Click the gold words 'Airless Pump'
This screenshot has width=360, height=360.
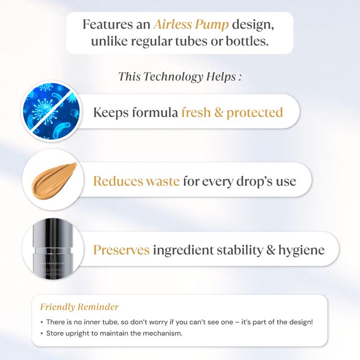pyautogui.click(x=191, y=25)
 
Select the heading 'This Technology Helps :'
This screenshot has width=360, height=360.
pyautogui.click(x=180, y=76)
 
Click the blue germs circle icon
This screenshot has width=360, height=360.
pyautogui.click(x=51, y=111)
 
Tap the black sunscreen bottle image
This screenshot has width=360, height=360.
pyautogui.click(x=53, y=249)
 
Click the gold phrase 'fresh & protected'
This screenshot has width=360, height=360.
pyautogui.click(x=232, y=113)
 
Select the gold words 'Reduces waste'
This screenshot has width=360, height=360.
pyautogui.click(x=136, y=181)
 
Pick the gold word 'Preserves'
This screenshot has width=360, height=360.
pyautogui.click(x=121, y=250)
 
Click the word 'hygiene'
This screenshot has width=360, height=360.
pyautogui.click(x=301, y=250)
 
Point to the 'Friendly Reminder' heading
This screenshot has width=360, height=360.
pyautogui.click(x=80, y=307)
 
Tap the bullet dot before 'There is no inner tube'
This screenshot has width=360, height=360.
pyautogui.click(x=41, y=322)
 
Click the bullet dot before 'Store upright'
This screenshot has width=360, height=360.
pyautogui.click(x=41, y=333)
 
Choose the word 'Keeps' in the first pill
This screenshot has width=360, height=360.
pyautogui.click(x=111, y=113)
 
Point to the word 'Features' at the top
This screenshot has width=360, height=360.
pyautogui.click(x=108, y=24)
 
